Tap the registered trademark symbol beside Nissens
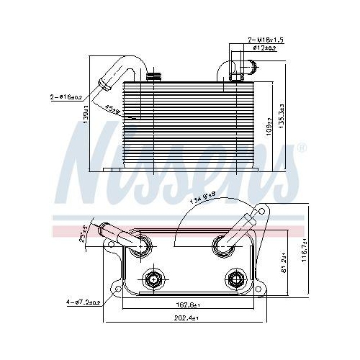coord(301,148)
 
